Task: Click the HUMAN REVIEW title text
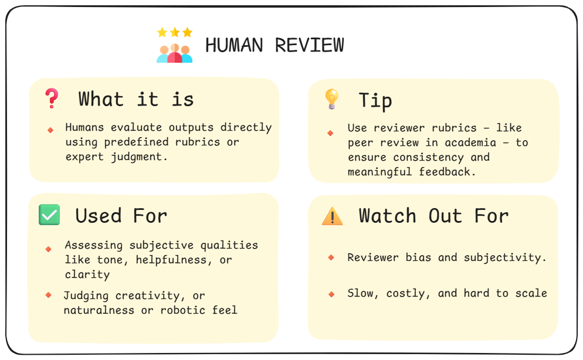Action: click(x=274, y=45)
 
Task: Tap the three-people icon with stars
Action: click(x=174, y=46)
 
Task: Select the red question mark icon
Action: click(x=52, y=99)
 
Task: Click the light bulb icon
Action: click(x=331, y=99)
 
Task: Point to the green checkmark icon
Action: click(x=49, y=215)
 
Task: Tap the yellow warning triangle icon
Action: click(x=333, y=216)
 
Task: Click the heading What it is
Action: click(x=136, y=99)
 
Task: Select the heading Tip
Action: click(x=375, y=100)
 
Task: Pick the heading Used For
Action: click(x=121, y=216)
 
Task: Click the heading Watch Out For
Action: click(x=433, y=216)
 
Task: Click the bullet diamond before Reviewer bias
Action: click(x=331, y=257)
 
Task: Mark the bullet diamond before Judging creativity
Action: click(x=49, y=295)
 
